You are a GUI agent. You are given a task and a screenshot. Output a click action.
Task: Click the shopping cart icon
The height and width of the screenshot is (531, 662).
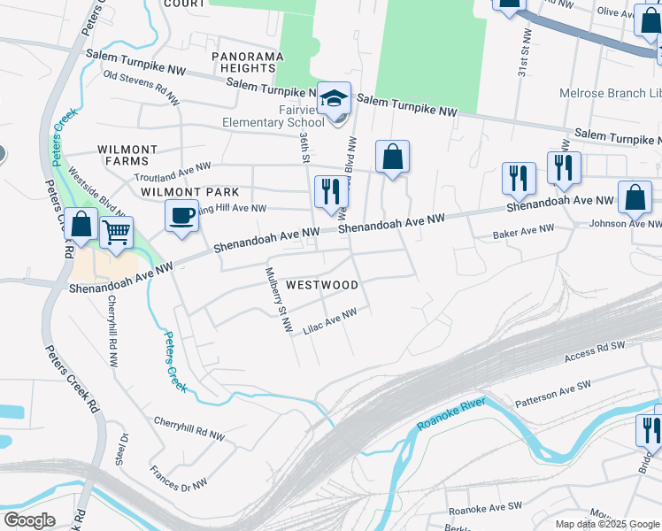(117, 233)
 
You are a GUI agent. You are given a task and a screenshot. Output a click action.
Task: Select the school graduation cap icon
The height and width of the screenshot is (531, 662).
(335, 99)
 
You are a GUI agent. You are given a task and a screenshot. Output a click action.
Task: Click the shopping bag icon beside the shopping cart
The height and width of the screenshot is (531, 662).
(81, 225)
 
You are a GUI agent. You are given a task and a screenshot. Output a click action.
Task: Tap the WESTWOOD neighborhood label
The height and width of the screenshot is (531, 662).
(322, 285)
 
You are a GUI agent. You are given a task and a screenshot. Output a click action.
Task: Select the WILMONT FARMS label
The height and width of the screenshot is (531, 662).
(127, 156)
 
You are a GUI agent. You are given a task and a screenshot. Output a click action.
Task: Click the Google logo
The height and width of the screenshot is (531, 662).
(29, 519)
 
